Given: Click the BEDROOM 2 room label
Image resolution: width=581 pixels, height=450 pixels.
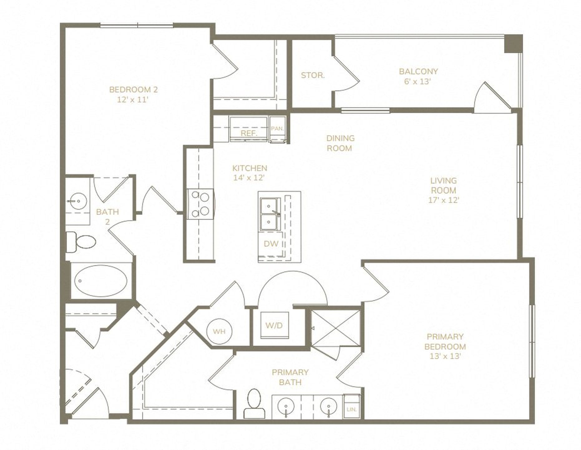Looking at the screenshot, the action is (133, 90).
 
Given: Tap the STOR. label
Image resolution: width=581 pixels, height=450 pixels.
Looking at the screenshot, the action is (313, 75).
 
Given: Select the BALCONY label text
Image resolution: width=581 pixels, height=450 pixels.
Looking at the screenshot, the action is (418, 71).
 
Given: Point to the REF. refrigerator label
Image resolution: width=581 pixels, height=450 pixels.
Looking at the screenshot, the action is (249, 134).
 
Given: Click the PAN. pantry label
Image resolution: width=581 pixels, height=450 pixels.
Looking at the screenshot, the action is (277, 129).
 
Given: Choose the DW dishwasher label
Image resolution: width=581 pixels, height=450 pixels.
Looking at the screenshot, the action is (271, 244).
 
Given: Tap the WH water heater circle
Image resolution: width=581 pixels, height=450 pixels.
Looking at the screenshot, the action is (219, 331).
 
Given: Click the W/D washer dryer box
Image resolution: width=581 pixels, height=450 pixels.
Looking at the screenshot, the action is (274, 325).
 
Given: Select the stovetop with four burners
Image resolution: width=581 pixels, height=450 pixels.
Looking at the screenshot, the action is (200, 204).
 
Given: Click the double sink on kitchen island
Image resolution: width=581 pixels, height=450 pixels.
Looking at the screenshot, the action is (270, 214).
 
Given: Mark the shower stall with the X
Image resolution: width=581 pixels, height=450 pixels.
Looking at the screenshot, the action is (336, 328).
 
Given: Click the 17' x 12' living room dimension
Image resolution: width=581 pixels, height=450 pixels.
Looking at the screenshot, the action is (444, 200).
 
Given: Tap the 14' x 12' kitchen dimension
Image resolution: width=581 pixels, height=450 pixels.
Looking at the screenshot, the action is (249, 178).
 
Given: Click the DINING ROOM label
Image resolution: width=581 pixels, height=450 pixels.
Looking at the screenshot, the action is (340, 143).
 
